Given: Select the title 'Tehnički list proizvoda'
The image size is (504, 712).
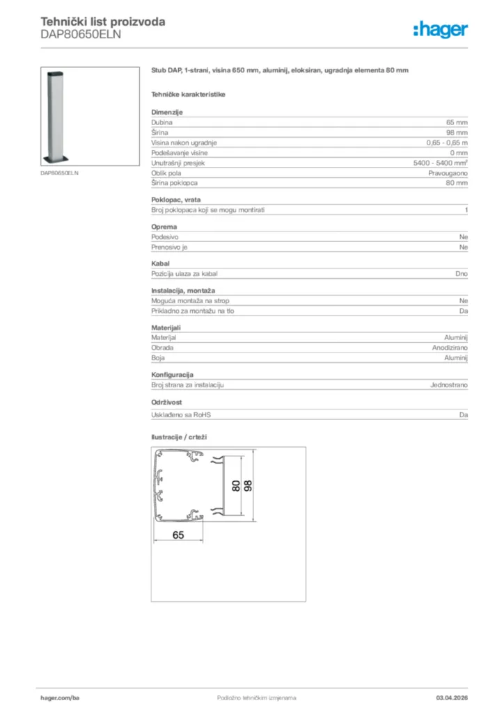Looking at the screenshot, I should [103, 22].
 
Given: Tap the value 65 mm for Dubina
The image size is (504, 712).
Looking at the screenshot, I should [457, 122].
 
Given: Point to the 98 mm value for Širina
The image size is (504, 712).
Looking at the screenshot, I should [457, 132].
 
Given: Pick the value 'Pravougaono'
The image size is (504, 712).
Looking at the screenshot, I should [448, 172].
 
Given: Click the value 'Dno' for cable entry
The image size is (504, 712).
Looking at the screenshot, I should [462, 274].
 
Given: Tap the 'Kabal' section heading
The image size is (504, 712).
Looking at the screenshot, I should [160, 264].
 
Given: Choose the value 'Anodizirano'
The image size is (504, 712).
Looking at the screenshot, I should [450, 347].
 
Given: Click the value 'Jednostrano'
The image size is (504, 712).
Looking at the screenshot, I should [448, 385].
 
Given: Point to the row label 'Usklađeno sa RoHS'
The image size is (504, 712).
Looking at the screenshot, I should [181, 415].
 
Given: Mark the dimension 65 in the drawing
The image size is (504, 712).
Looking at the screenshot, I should [178, 535].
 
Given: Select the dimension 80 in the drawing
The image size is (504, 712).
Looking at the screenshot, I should [236, 486].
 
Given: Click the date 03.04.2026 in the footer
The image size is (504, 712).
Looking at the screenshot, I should [452, 697].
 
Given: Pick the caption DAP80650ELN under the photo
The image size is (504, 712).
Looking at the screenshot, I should [59, 172].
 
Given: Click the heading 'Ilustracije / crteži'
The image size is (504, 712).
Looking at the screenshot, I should [179, 437].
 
